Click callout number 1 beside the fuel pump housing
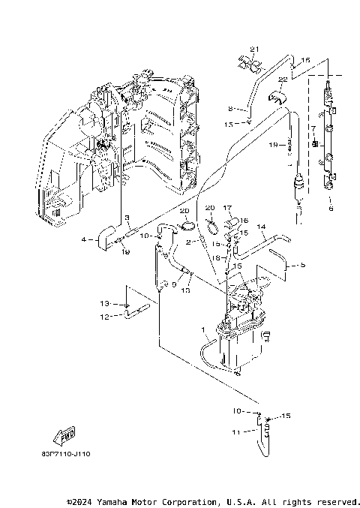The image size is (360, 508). [202, 329]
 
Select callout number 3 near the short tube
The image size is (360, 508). [127, 218]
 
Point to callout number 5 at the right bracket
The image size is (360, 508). [304, 264]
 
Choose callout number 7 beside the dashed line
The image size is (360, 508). [312, 129]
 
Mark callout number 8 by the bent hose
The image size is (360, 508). [231, 107]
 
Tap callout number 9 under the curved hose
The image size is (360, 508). [174, 284]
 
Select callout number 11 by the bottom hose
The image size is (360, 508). [234, 432]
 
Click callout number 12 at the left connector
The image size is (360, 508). [105, 317]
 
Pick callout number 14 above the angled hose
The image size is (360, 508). [262, 226]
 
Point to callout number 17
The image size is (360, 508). [226, 208]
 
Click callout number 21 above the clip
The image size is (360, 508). [253, 50]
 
